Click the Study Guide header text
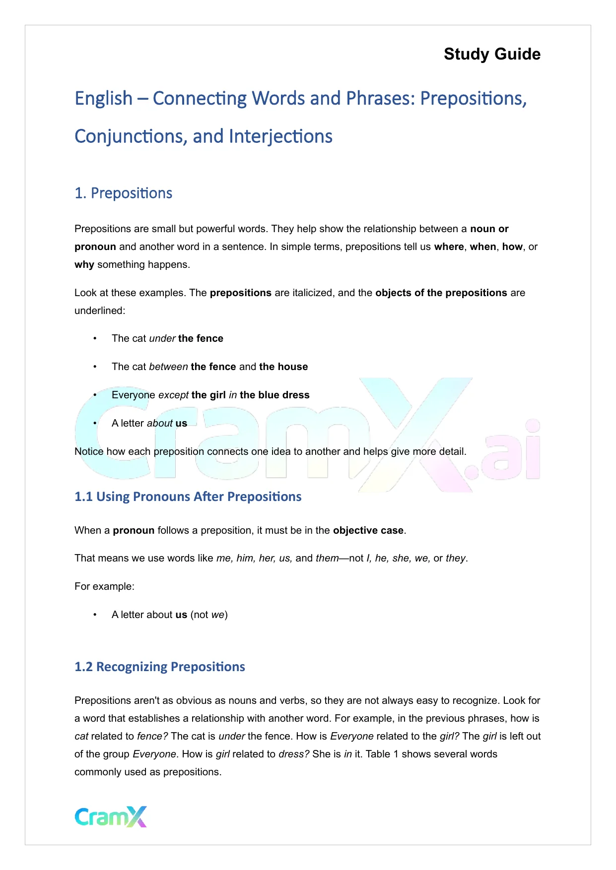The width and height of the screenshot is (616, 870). pos(492,54)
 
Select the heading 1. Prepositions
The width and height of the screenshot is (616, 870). pos(123,193)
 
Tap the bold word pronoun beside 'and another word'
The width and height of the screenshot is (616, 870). pos(95,247)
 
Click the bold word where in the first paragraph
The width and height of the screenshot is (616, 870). pos(449,247)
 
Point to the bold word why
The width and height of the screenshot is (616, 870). pos(84,265)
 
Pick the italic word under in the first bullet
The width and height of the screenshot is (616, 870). pos(162,339)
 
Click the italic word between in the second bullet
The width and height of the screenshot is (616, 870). pos(168,367)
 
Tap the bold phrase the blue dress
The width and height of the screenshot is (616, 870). pos(274,395)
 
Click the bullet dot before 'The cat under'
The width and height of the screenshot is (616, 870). pos(95,339)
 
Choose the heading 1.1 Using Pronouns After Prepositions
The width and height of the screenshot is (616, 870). pos(188,497)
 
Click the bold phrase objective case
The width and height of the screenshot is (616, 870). pos(368,531)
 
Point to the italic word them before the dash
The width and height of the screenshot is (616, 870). pos(327,559)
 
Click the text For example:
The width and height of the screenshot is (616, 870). pos(104,587)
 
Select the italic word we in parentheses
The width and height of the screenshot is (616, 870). pos(217,615)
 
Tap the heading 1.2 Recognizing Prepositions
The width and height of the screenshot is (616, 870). pos(159,667)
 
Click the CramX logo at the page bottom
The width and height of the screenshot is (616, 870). pos(111,816)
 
